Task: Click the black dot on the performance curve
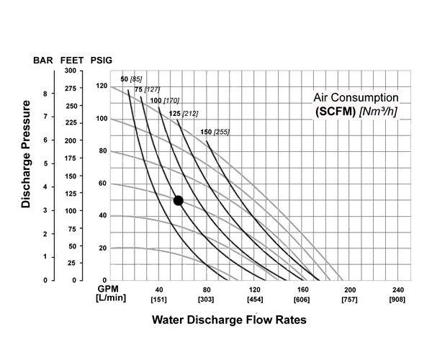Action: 179,200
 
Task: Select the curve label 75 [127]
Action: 147,89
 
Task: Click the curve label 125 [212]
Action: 183,113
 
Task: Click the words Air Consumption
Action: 356,97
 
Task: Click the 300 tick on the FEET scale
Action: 71,71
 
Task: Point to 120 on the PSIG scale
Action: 101,86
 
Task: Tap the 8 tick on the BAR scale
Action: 45,94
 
